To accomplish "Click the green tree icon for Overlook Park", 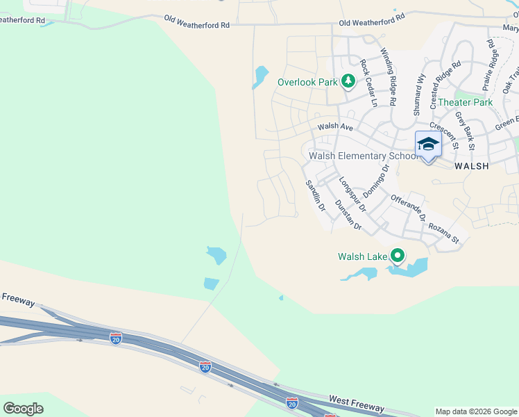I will [348, 82].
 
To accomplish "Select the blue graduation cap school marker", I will [428, 145].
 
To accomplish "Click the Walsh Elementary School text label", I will [364, 156].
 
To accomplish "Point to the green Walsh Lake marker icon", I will [398, 256].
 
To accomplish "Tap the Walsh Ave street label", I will [336, 127].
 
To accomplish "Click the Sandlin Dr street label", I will [316, 195].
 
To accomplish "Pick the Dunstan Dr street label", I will [348, 215].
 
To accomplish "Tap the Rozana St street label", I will [444, 232].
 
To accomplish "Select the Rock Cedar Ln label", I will [368, 83].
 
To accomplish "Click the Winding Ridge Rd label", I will [389, 76].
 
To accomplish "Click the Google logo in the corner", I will [23, 409].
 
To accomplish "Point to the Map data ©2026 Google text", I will [475, 411].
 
